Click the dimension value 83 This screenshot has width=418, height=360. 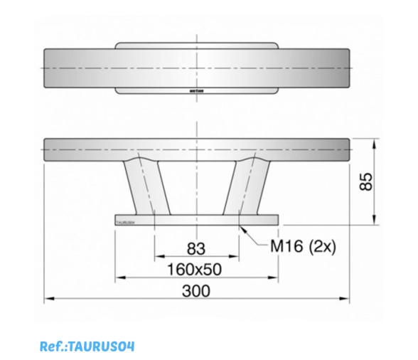195,248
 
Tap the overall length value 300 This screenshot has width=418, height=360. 195,290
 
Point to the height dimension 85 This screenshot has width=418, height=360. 365,181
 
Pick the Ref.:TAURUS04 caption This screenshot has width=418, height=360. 87,346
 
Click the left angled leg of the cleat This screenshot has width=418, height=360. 145,186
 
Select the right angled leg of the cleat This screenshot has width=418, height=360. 242,186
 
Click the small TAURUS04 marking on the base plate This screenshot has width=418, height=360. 125,221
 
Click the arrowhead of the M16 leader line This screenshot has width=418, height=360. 242,227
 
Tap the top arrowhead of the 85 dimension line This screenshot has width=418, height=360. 375,141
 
